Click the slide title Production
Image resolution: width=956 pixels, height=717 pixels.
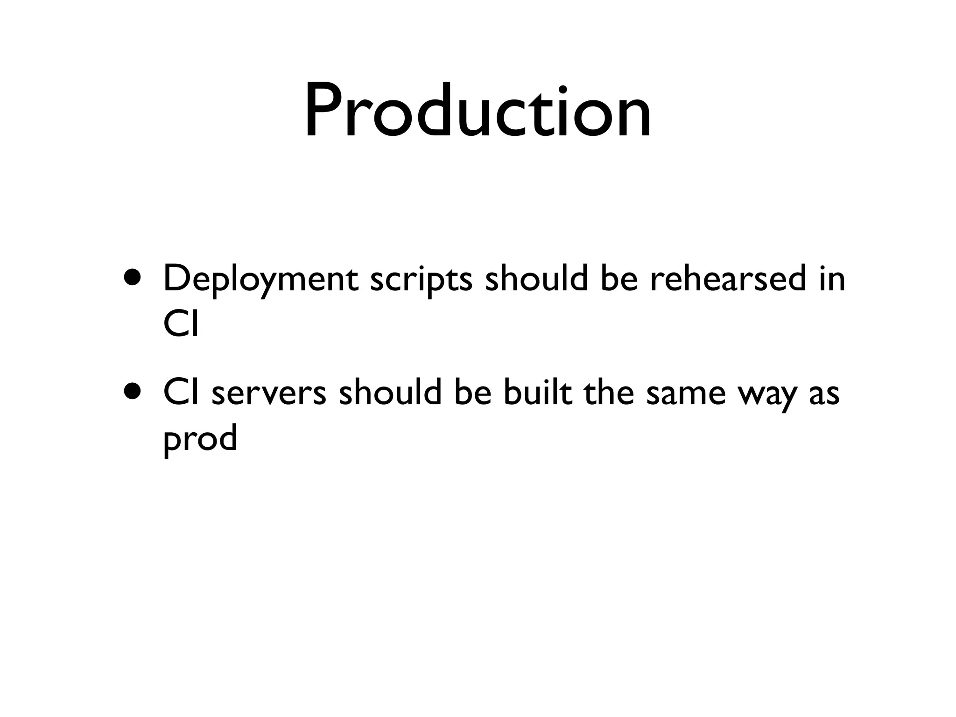point(478,112)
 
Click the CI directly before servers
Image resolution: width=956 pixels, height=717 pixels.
point(181,393)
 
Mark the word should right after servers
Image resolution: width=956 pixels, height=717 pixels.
point(390,392)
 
